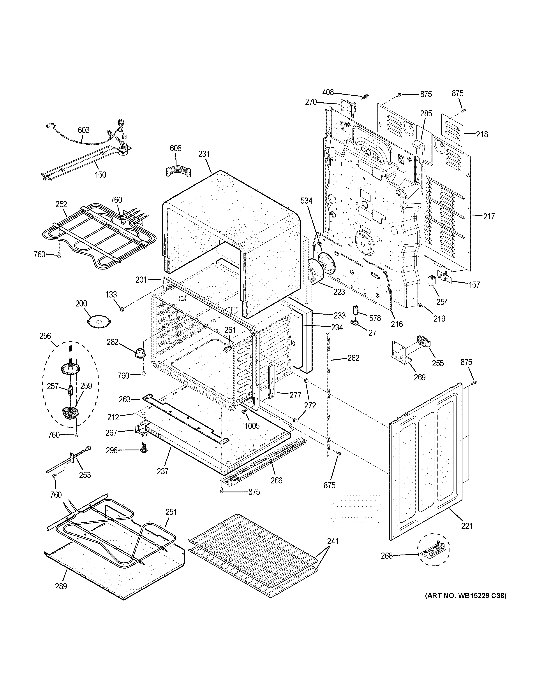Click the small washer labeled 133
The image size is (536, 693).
click(122, 308)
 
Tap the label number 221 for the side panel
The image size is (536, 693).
click(466, 526)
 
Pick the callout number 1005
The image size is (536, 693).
click(252, 425)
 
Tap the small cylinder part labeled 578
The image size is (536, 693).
click(356, 309)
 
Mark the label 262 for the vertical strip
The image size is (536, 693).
click(353, 358)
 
